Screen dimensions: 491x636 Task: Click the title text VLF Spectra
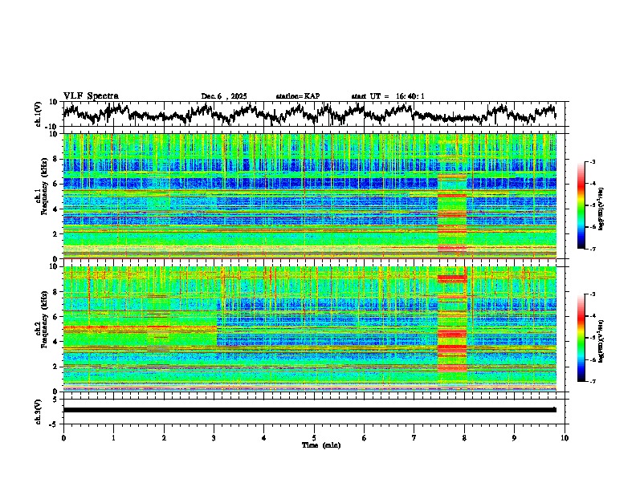[x=91, y=95]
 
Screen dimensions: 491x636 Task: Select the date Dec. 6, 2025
[x=225, y=96]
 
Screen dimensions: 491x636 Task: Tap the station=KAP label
[x=297, y=96]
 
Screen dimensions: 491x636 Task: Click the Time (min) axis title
[x=314, y=444]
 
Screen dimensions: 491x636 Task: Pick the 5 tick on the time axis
[x=314, y=437]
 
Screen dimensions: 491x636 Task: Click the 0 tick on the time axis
[x=63, y=437]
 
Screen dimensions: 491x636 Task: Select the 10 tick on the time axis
[x=565, y=437]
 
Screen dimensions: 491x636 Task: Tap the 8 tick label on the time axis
[x=464, y=437]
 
